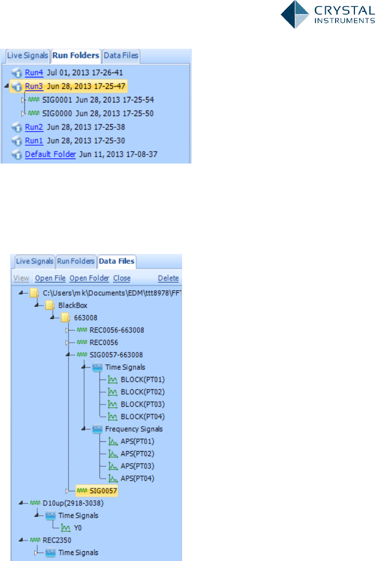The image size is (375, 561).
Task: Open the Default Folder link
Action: pyautogui.click(x=50, y=155)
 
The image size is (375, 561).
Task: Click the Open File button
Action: pyautogui.click(x=50, y=278)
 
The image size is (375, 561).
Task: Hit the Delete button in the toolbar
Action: pyautogui.click(x=168, y=278)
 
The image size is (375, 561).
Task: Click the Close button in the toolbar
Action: pyautogui.click(x=122, y=278)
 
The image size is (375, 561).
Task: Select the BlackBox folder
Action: pyautogui.click(x=72, y=305)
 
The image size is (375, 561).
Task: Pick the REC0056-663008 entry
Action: pyautogui.click(x=117, y=330)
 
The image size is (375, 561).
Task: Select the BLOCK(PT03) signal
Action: pyautogui.click(x=143, y=404)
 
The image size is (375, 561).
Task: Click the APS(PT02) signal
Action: pyautogui.click(x=139, y=453)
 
